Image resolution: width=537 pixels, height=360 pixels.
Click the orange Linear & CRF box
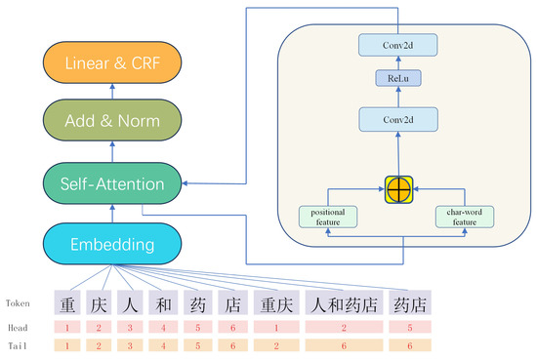coord(112,63)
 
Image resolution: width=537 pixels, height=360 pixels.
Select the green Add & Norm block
coord(112,123)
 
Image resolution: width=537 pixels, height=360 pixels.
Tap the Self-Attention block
coord(112,182)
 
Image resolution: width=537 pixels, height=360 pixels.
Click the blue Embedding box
coord(112,242)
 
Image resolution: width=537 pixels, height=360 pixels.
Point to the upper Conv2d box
coord(398,45)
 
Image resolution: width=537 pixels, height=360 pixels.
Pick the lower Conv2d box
coord(398,120)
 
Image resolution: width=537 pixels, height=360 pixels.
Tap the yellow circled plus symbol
coord(398,187)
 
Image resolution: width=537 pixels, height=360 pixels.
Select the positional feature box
coord(327,216)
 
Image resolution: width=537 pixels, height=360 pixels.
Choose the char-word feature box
coord(467,216)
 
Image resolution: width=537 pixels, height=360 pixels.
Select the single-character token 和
coord(164,303)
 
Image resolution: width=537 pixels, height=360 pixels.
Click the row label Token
coord(20,303)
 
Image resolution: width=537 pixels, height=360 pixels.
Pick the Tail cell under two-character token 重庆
coord(276,345)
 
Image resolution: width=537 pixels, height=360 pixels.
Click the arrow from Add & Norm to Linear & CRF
coord(112,93)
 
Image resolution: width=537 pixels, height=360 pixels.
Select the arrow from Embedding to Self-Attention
coord(112,213)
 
